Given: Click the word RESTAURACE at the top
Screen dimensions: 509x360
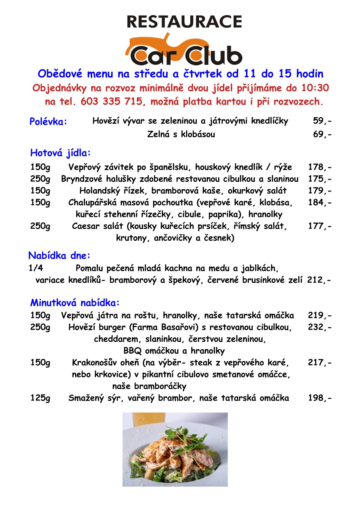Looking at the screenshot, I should tap(184, 22).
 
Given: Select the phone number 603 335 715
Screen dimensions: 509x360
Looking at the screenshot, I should tap(111, 102).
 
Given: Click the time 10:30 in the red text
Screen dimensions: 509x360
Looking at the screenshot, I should tap(315, 88).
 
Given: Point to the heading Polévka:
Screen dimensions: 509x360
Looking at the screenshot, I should tap(48, 122).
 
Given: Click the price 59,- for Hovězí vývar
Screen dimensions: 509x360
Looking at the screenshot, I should tap(322, 121).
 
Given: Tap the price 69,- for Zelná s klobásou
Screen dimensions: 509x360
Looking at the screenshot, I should tap(322, 134).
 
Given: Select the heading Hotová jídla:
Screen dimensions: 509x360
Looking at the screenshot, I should tap(61, 153).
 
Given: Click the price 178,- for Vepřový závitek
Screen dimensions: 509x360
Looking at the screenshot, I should tap(320, 167).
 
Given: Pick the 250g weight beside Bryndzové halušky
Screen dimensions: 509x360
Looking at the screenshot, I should tap(40, 179).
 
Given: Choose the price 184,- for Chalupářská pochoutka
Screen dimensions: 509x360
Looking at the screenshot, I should tap(320, 202).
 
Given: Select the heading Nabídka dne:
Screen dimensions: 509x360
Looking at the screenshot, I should tap(60, 256).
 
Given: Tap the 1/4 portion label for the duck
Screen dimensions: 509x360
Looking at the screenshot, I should tap(36, 268).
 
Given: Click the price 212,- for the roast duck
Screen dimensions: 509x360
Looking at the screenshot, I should tap(319, 280).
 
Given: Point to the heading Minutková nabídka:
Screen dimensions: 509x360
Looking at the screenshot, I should tap(75, 303).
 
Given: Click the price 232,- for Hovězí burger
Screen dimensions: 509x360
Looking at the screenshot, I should tap(320, 327).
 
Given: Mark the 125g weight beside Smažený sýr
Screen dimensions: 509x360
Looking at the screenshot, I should tap(40, 398).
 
